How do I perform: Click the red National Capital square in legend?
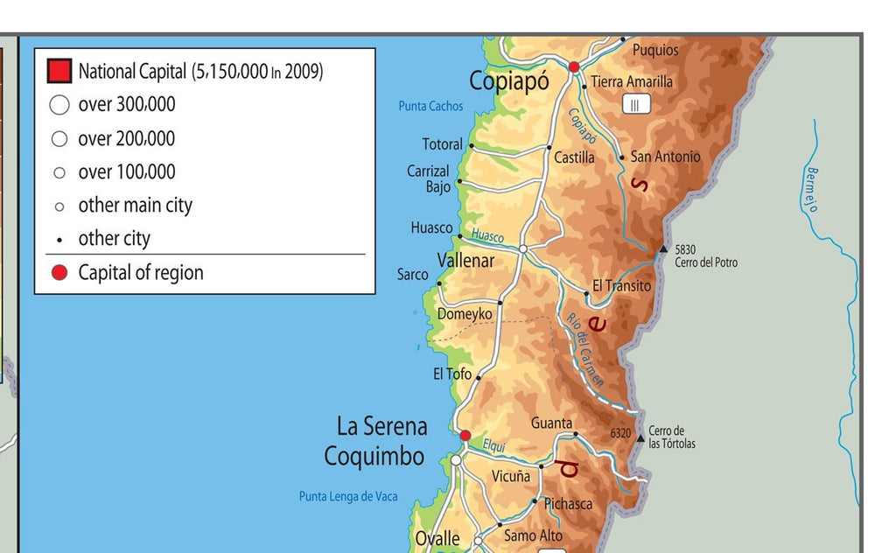pyautogui.click(x=59, y=71)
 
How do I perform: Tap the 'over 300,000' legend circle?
pyautogui.click(x=59, y=105)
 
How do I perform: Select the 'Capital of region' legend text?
pyautogui.click(x=140, y=272)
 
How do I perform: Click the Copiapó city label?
pyautogui.click(x=509, y=81)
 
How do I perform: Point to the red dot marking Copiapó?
pyautogui.click(x=574, y=66)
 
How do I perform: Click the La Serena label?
pyautogui.click(x=382, y=426)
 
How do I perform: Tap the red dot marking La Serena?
pyautogui.click(x=465, y=435)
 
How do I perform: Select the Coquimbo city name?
pyautogui.click(x=374, y=456)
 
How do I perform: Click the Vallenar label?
pyautogui.click(x=465, y=261)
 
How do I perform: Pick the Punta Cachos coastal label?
pyautogui.click(x=430, y=106)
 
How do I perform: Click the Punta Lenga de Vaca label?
pyautogui.click(x=348, y=496)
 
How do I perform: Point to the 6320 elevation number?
pyautogui.click(x=620, y=433)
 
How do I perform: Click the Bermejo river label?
pyautogui.click(x=811, y=189)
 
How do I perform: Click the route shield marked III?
pyautogui.click(x=636, y=105)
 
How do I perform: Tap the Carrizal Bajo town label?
pyautogui.click(x=428, y=178)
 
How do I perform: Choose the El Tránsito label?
pyautogui.click(x=621, y=285)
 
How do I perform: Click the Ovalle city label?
pyautogui.click(x=437, y=539)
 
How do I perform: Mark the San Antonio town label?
pyautogui.click(x=665, y=157)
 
